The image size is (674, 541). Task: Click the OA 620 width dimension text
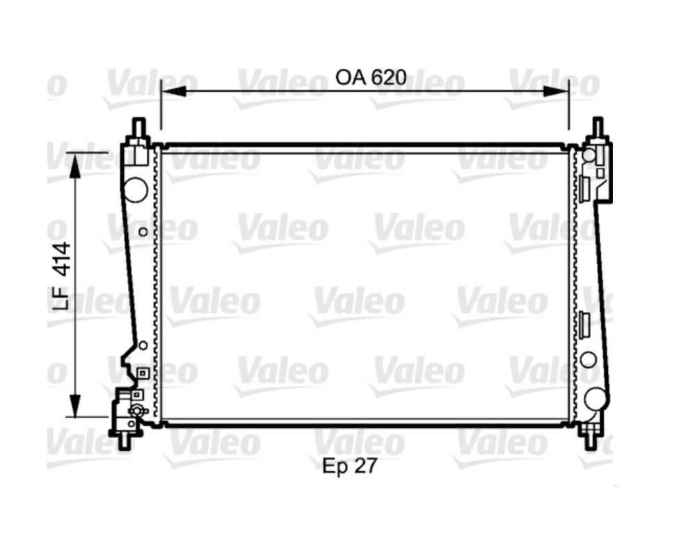click(x=370, y=77)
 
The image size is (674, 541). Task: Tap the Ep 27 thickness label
click(x=349, y=466)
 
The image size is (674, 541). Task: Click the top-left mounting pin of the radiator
click(x=138, y=129)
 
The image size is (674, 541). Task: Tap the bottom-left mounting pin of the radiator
click(x=125, y=441)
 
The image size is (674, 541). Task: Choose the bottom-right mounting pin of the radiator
click(x=589, y=438)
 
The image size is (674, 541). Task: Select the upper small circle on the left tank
click(x=143, y=232)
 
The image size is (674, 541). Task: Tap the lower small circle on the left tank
click(x=143, y=345)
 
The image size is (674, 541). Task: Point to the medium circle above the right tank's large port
click(x=588, y=360)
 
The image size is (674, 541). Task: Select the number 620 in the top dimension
click(x=388, y=77)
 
